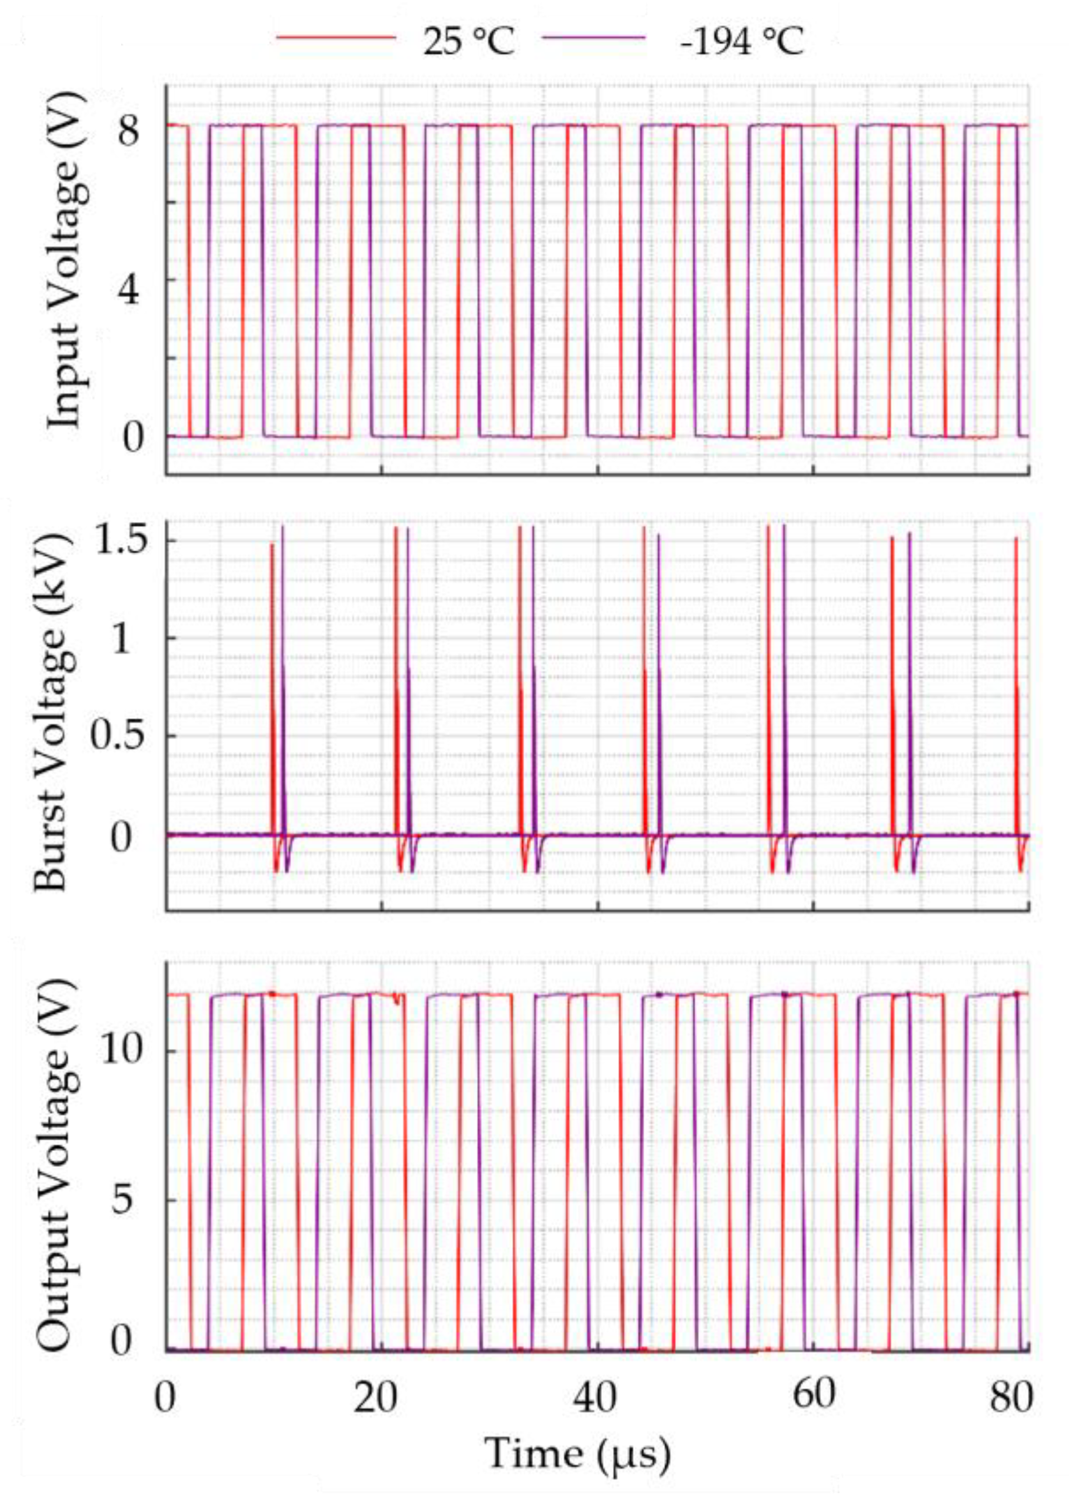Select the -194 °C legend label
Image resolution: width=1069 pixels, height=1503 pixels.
742,41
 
